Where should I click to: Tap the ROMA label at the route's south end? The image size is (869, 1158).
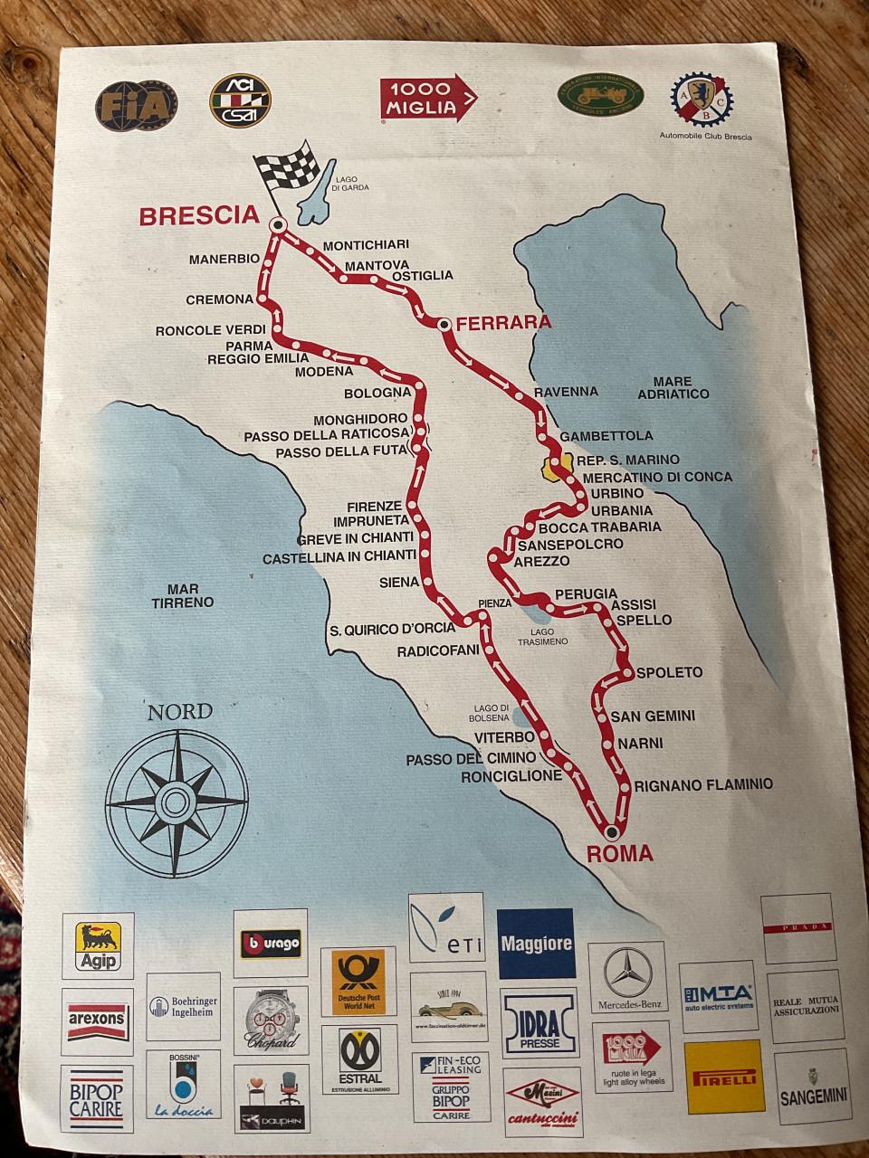619,853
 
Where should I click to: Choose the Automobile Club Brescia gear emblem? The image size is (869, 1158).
701,99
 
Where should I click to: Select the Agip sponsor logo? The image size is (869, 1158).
99,946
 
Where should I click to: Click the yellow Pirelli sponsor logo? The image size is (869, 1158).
724,1077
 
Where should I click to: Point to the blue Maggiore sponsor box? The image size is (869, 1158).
537,944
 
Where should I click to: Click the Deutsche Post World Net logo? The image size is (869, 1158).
358,982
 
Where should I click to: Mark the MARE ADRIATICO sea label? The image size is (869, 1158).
673,388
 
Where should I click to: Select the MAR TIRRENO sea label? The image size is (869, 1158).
183,595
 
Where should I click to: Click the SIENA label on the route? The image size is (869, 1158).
399,582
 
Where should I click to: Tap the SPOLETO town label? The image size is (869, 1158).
669,672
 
